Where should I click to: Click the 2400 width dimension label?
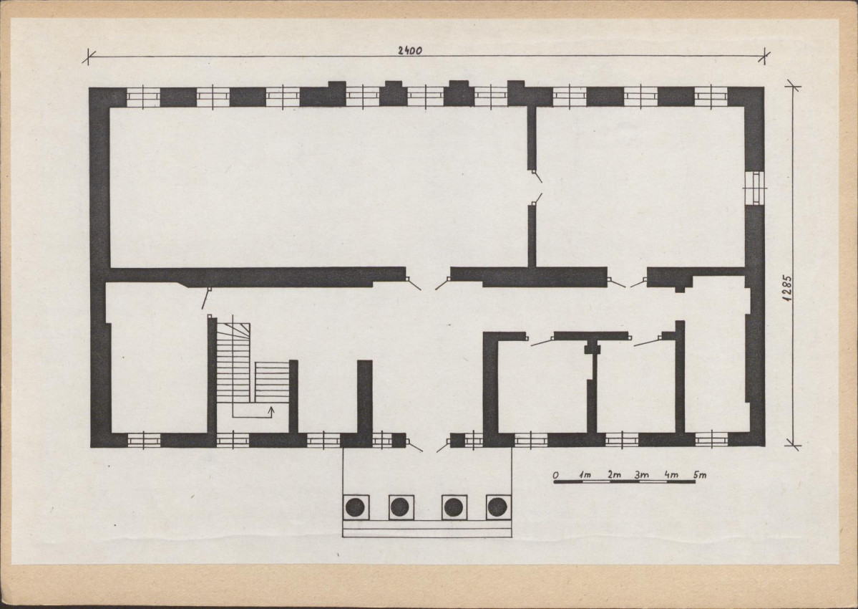coord(410,50)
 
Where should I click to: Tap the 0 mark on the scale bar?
coord(555,475)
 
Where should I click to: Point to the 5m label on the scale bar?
coord(699,475)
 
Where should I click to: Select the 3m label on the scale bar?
coord(642,475)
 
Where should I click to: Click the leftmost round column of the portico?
coord(355,507)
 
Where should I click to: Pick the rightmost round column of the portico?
coord(497,507)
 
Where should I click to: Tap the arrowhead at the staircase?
coord(272,409)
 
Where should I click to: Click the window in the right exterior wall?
coord(756,188)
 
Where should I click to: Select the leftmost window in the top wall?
coord(143,97)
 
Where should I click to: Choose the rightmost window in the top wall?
coord(711,97)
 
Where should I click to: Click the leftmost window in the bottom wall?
coord(144,441)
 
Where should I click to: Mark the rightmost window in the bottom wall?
coord(711,440)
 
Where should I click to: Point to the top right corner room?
coord(640,187)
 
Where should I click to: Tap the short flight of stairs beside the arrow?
coord(272,382)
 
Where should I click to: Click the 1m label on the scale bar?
coord(585,475)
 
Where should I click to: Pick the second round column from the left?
coord(401,507)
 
